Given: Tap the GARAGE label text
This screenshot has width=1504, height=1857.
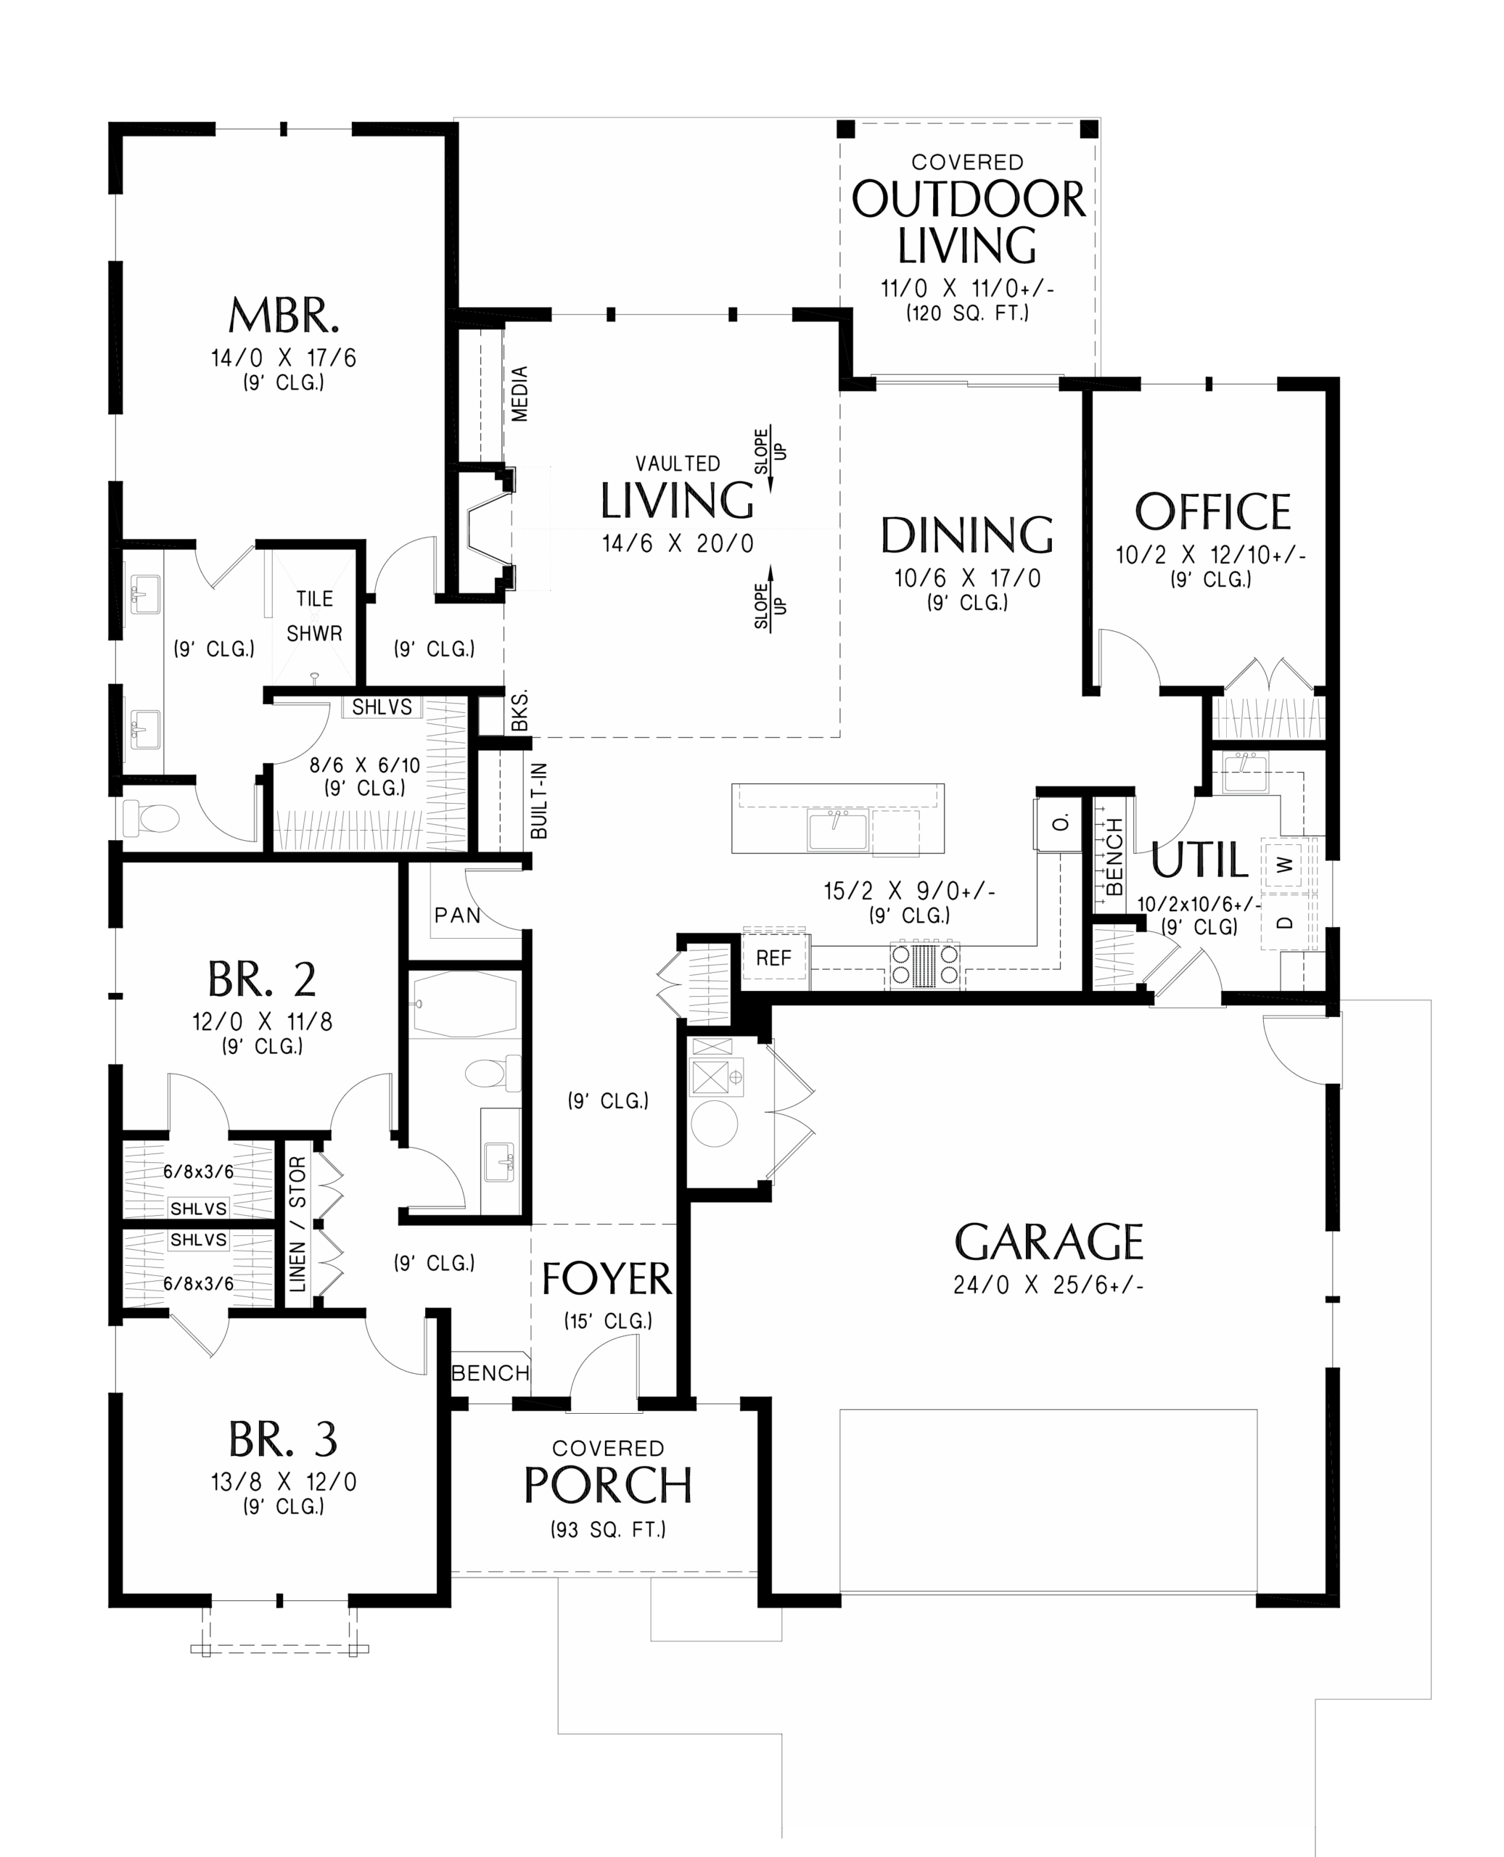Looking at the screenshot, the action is (x=1048, y=1242).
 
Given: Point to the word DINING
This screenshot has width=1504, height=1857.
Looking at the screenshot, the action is (x=967, y=535).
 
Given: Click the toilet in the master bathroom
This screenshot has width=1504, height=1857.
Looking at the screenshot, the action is (x=150, y=817).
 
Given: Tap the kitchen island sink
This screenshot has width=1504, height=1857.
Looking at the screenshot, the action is (x=837, y=829).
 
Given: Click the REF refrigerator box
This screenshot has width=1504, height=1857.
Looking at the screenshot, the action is (x=773, y=958).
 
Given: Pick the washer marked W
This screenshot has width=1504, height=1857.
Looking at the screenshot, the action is (x=1286, y=863).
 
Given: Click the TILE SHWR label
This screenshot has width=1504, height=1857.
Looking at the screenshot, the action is (x=314, y=616).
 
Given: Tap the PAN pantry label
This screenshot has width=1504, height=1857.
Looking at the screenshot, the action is (x=457, y=915).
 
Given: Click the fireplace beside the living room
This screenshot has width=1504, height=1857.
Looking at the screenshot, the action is (x=488, y=530).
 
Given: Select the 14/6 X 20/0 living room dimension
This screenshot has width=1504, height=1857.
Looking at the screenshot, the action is (x=678, y=544).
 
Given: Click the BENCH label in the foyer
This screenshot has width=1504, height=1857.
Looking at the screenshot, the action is (x=490, y=1373).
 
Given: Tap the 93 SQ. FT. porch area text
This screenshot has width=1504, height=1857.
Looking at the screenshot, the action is (x=608, y=1530).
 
